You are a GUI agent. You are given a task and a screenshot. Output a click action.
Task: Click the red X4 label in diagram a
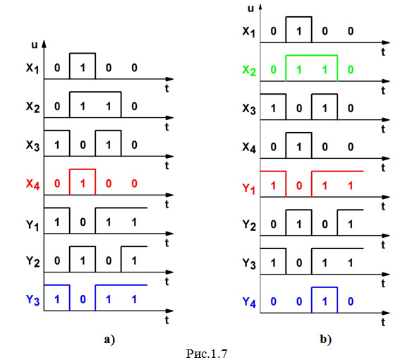pyautogui.click(x=32, y=184)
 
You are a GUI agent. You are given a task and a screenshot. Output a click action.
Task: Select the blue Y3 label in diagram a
pyautogui.click(x=32, y=300)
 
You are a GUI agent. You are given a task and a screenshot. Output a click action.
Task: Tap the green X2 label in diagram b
pyautogui.click(x=249, y=71)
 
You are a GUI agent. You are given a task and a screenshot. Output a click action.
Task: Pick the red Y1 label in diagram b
pyautogui.click(x=249, y=188)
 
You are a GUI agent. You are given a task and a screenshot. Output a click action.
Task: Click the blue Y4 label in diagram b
pyautogui.click(x=249, y=302)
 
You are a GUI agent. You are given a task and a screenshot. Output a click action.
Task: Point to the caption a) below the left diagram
pyautogui.click(x=109, y=340)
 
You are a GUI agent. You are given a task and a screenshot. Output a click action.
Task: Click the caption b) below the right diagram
pyautogui.click(x=325, y=340)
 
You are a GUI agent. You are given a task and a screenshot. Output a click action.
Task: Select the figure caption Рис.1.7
pyautogui.click(x=207, y=354)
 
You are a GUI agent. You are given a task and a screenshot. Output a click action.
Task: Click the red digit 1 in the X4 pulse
pyautogui.click(x=83, y=184)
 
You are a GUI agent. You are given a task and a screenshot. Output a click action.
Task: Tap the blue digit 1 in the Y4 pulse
pyautogui.click(x=325, y=301)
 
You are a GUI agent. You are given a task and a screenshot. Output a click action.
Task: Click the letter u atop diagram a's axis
pyautogui.click(x=35, y=45)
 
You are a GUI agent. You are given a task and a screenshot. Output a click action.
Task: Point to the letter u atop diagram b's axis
pyautogui.click(x=250, y=8)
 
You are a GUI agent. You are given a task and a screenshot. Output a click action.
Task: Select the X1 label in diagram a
pyautogui.click(x=32, y=68)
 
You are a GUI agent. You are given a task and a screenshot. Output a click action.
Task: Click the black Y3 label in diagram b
pyautogui.click(x=249, y=264)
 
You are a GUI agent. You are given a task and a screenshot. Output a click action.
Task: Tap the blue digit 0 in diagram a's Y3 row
pyautogui.click(x=83, y=299)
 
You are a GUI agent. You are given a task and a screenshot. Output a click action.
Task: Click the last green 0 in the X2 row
pyautogui.click(x=351, y=70)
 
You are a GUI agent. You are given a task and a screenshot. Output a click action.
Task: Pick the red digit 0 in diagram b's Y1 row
pyautogui.click(x=299, y=186)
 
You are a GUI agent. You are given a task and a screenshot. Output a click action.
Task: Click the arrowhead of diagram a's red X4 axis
pyautogui.click(x=169, y=195)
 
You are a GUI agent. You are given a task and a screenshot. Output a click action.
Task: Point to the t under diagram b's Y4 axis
pyautogui.click(x=383, y=322)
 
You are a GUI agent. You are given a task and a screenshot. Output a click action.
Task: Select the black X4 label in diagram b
pyautogui.click(x=249, y=148)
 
